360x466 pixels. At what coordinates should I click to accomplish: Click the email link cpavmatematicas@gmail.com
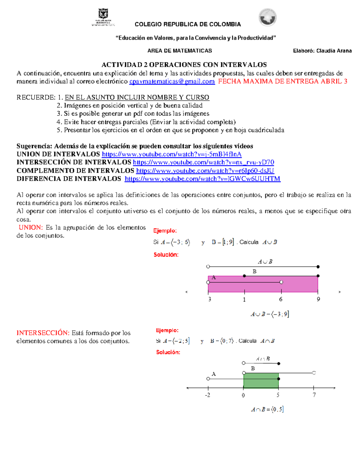pos(172,82)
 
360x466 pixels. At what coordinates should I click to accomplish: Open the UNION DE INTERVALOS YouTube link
pos(172,154)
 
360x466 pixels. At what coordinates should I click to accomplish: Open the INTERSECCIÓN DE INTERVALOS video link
pos(203,162)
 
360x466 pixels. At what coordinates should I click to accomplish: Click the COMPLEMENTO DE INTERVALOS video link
pos(205,171)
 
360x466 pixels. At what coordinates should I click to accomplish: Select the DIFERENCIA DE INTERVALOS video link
pos(202,179)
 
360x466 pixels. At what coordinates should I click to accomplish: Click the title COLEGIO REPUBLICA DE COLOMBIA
pos(188,24)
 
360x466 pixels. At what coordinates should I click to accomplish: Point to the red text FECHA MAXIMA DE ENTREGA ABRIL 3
pos(283,82)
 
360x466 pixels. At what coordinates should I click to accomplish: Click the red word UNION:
pos(31,227)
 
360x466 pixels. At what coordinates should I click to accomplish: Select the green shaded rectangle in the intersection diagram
pos(261,380)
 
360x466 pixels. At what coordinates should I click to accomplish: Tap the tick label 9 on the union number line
pos(318,299)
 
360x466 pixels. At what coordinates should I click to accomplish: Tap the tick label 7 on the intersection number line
pos(314,395)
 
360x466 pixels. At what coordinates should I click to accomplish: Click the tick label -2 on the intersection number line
pos(208,395)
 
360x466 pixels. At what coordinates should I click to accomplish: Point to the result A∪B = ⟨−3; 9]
pos(270,314)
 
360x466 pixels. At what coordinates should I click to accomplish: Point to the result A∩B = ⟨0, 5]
pos(267,409)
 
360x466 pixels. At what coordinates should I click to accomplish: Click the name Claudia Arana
pos(334,51)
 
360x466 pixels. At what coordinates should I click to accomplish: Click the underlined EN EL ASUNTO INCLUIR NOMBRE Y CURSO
pos(137,98)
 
